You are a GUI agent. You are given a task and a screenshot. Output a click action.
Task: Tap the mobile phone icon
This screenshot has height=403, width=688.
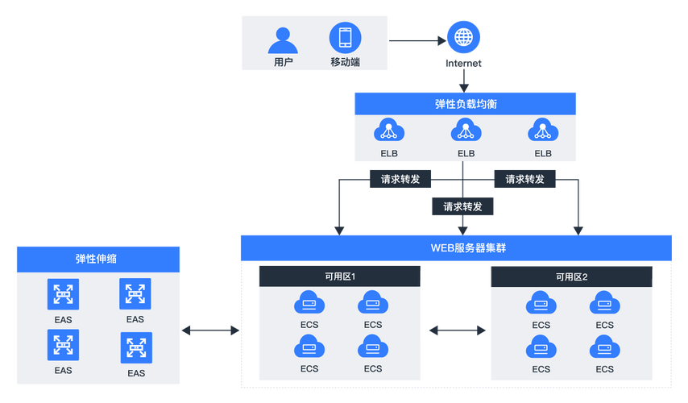click(x=345, y=38)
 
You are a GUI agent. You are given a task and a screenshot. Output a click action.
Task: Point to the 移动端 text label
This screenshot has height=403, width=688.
click(x=345, y=62)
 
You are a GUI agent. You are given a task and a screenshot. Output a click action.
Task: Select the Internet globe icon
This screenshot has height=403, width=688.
click(x=463, y=38)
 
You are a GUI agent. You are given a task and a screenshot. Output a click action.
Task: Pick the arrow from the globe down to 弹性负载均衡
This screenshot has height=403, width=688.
click(x=464, y=76)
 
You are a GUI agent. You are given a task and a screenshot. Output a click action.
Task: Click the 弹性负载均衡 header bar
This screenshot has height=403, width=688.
click(x=465, y=103)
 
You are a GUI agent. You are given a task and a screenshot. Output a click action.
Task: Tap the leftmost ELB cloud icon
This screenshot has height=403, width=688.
click(x=388, y=130)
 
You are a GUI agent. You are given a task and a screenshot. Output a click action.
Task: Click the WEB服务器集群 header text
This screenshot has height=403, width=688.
click(x=456, y=247)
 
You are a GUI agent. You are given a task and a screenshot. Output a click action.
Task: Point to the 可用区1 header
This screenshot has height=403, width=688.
click(x=339, y=276)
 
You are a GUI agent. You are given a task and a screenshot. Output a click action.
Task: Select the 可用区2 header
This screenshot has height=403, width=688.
click(x=571, y=276)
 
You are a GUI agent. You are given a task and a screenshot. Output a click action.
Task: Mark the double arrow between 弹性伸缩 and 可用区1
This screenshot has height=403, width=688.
click(x=211, y=330)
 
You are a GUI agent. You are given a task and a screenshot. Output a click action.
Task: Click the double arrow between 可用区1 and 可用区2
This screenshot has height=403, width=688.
click(x=457, y=330)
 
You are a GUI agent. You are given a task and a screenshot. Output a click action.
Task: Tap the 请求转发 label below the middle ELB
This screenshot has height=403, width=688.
click(x=462, y=206)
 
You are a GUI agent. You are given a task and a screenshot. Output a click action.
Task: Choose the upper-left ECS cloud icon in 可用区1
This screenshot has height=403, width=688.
click(x=309, y=303)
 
